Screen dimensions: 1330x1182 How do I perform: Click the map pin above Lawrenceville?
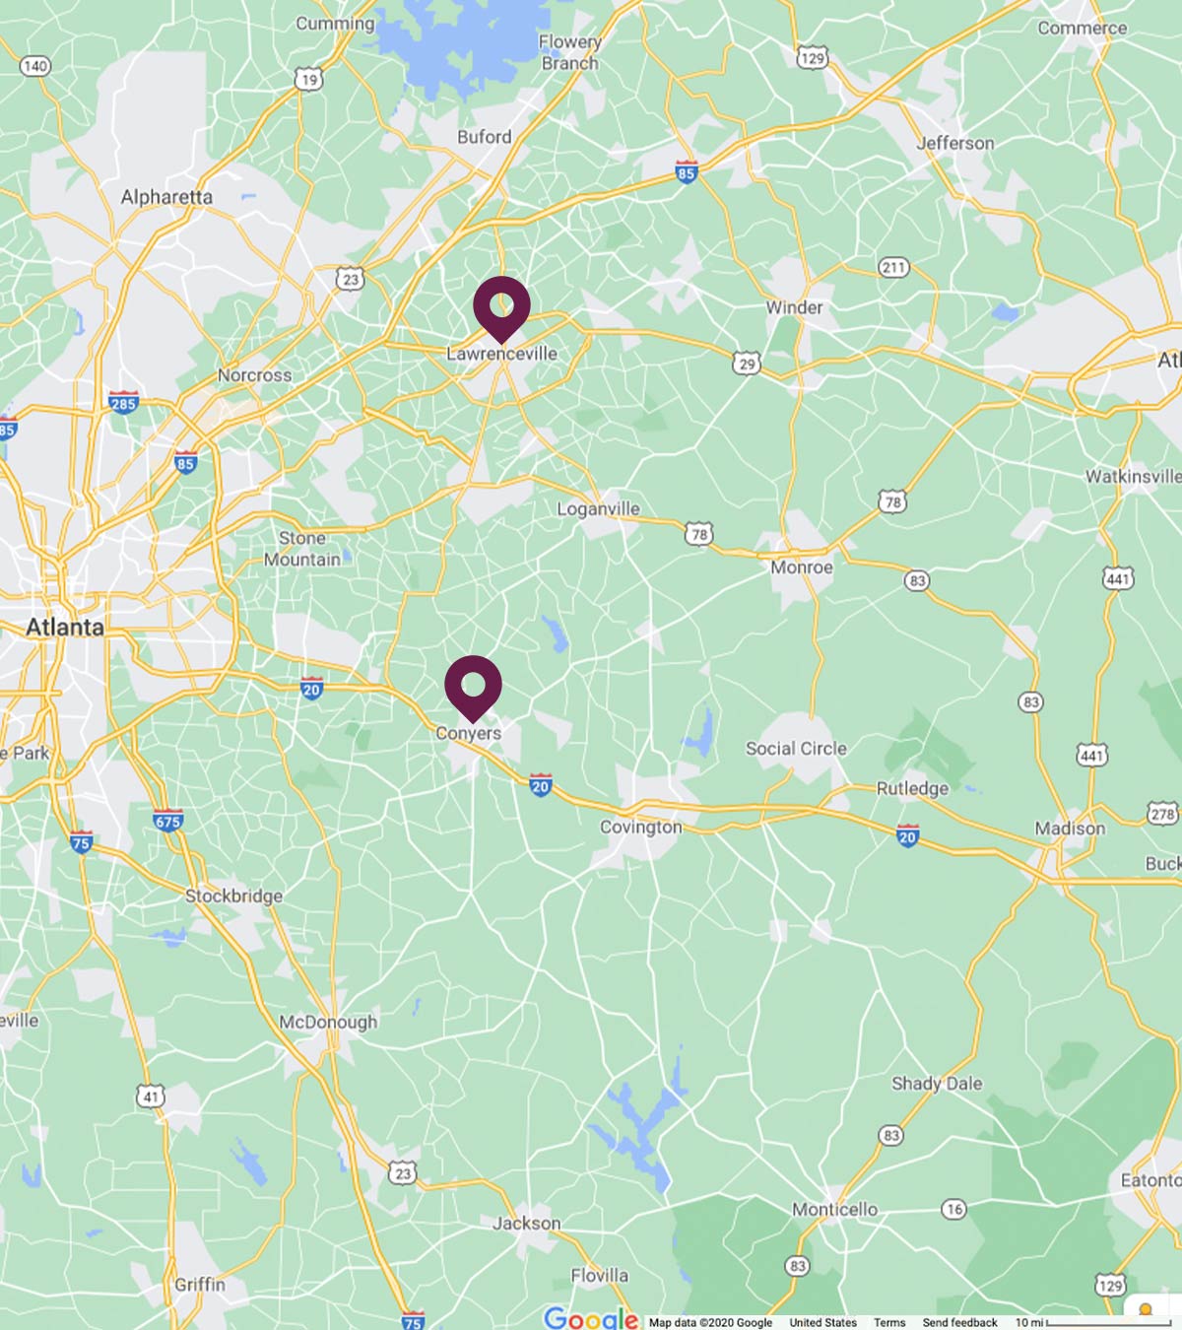(x=501, y=305)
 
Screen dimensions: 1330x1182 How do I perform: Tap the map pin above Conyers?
(x=473, y=685)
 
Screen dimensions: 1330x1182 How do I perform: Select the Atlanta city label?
(x=64, y=627)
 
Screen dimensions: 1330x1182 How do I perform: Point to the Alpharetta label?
(x=166, y=197)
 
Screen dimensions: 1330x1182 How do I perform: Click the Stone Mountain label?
(x=302, y=549)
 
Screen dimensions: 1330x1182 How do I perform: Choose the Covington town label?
(x=641, y=827)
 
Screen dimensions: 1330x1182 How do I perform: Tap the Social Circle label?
(x=796, y=749)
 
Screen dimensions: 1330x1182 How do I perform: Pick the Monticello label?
(x=834, y=1209)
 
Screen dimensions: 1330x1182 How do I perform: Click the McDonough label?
(x=328, y=1022)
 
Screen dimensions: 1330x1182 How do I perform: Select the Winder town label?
(x=794, y=307)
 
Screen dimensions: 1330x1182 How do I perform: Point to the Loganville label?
(x=598, y=508)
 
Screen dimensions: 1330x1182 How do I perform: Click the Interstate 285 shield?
(x=123, y=402)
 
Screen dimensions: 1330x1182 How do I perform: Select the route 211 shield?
(x=892, y=267)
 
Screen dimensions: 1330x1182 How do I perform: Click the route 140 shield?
(x=34, y=66)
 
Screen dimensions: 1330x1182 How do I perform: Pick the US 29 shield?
(x=747, y=364)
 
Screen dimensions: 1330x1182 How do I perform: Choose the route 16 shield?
(x=953, y=1209)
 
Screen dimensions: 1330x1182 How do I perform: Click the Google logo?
(x=590, y=1318)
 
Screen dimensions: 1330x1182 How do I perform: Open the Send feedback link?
(x=959, y=1322)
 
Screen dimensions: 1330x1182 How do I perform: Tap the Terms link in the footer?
(x=889, y=1322)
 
